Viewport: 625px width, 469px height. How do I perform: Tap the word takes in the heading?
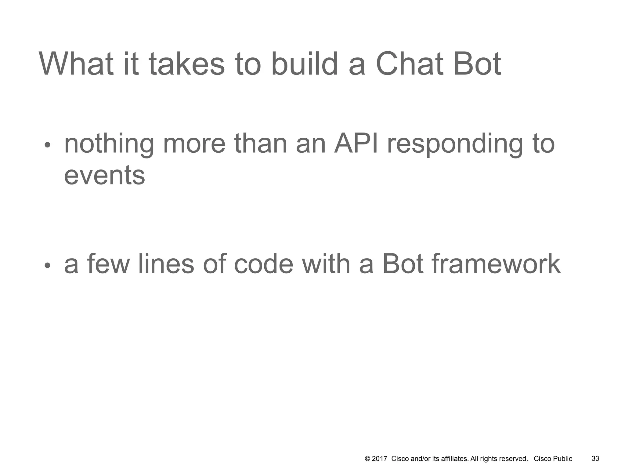[x=187, y=64]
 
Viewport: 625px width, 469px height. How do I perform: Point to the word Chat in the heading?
[x=409, y=64]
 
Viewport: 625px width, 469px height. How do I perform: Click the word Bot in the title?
[x=477, y=64]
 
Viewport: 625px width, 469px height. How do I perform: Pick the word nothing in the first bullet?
[x=109, y=144]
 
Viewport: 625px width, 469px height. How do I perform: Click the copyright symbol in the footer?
[x=367, y=459]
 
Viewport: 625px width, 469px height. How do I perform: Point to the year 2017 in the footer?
[x=380, y=459]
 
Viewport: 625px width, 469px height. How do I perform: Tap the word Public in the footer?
[x=563, y=459]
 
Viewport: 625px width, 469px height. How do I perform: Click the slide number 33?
[x=595, y=459]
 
